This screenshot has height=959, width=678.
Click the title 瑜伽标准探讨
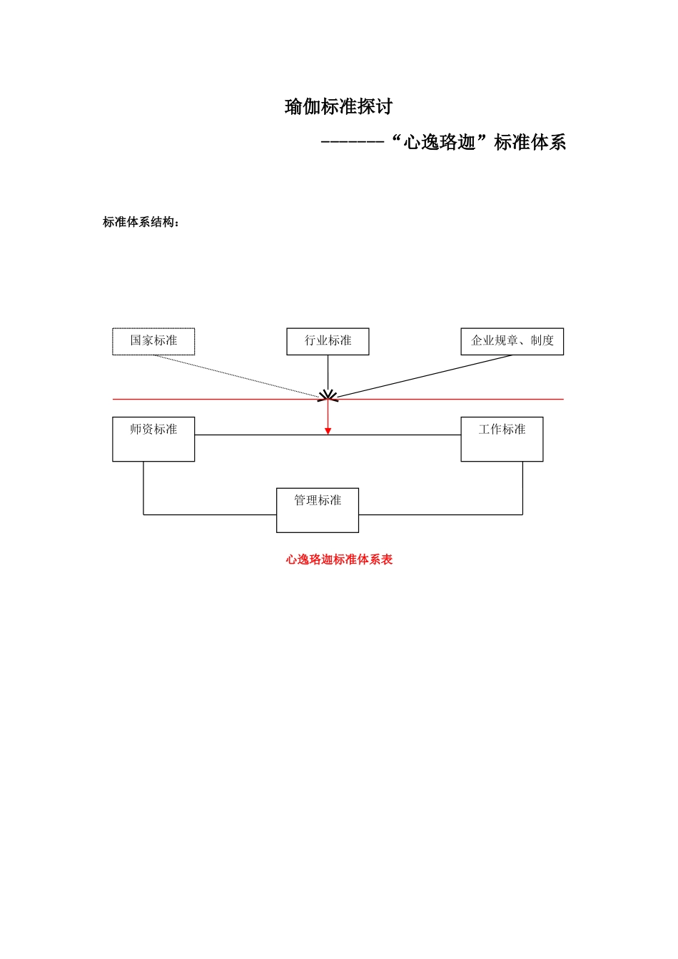pos(338,107)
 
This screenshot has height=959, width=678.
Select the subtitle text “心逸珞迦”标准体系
pos(479,143)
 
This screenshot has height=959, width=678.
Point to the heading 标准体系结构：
pos(141,222)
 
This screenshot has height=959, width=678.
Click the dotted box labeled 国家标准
pos(153,341)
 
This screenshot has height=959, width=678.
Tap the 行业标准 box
pos(328,341)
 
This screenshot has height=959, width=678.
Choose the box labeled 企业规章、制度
pos(512,341)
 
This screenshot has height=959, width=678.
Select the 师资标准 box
pos(153,439)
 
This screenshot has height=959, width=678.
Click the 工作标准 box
pos(502,439)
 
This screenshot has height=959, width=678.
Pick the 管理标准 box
pos(318,510)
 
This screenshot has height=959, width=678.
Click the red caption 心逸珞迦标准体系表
pos(339,559)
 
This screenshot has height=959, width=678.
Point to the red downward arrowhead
pos(328,430)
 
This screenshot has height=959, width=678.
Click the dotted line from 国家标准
pos(236,376)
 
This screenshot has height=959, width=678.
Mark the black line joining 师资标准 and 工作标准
pos(400,435)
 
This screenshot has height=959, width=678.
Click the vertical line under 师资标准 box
pos(143,489)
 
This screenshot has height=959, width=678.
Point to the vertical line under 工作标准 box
pos(522,489)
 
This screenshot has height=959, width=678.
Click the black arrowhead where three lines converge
pos(328,395)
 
